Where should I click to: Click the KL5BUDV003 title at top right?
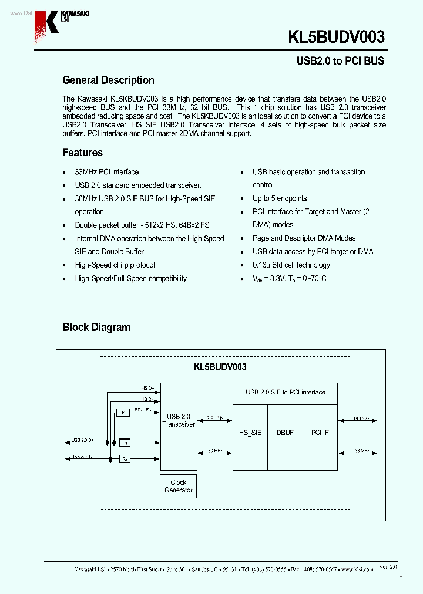(x=336, y=38)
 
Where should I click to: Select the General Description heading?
(x=108, y=80)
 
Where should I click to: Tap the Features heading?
(x=82, y=153)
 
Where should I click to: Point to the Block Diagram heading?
(x=96, y=328)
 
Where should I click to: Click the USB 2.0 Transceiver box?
(x=179, y=420)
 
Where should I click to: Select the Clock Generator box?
(x=178, y=486)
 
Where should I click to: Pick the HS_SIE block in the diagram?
(x=250, y=433)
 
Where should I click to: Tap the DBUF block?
(x=285, y=433)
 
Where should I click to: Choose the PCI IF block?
(x=320, y=433)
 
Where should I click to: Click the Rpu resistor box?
(x=124, y=413)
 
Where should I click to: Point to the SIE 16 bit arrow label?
(x=214, y=419)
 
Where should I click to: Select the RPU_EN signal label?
(x=143, y=409)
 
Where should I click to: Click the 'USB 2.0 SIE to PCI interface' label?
(x=285, y=392)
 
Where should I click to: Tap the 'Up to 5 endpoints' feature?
(x=280, y=198)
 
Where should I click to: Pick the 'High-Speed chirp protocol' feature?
(x=115, y=265)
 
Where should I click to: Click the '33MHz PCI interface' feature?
(x=106, y=172)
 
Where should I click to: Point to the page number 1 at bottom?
(x=401, y=575)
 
